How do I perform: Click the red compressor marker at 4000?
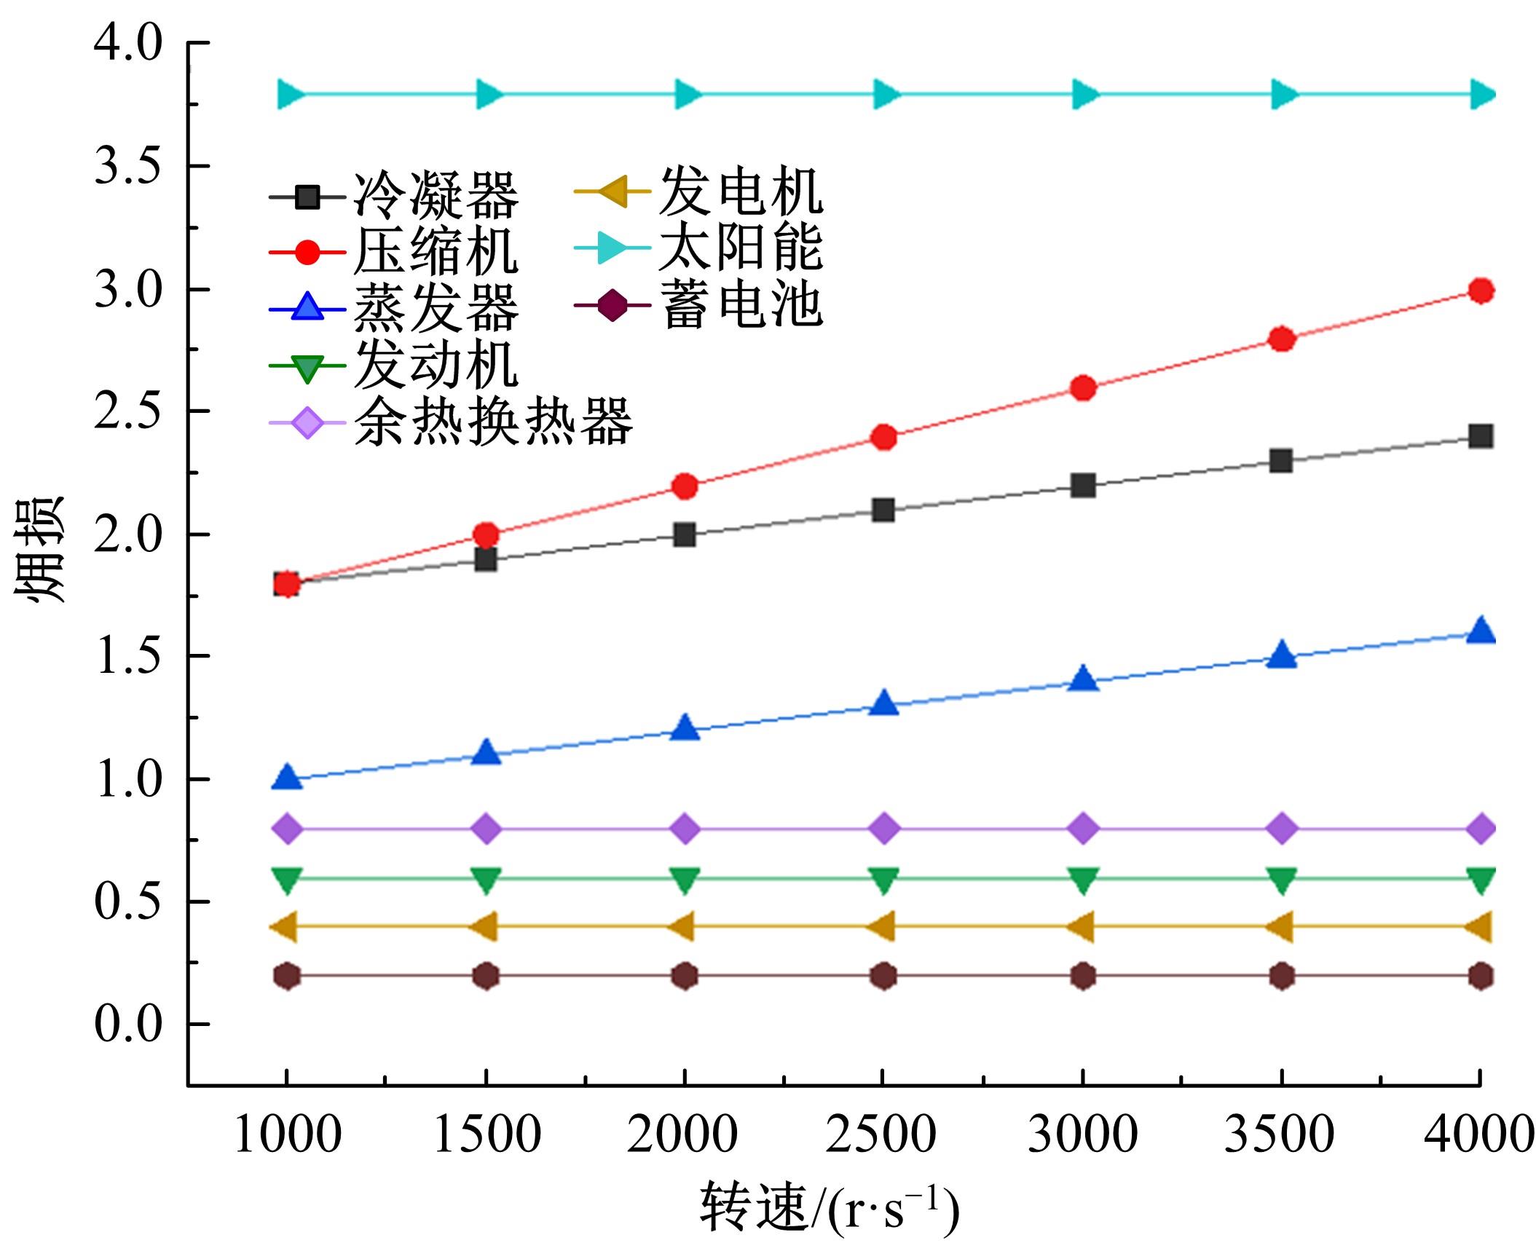tap(1480, 291)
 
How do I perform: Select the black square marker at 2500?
tap(883, 510)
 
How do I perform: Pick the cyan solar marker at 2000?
tap(686, 94)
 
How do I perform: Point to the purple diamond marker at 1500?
tap(487, 829)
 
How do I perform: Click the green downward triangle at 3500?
tap(1282, 880)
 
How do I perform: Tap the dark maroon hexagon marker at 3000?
tap(1083, 976)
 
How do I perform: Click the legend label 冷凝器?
tap(436, 196)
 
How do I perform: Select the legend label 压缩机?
tap(436, 252)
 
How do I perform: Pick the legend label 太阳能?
tap(741, 248)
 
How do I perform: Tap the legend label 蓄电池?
tap(741, 305)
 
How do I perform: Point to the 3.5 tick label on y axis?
tap(127, 167)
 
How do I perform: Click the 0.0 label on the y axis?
tap(127, 1024)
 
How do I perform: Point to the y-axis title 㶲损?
tap(40, 550)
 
